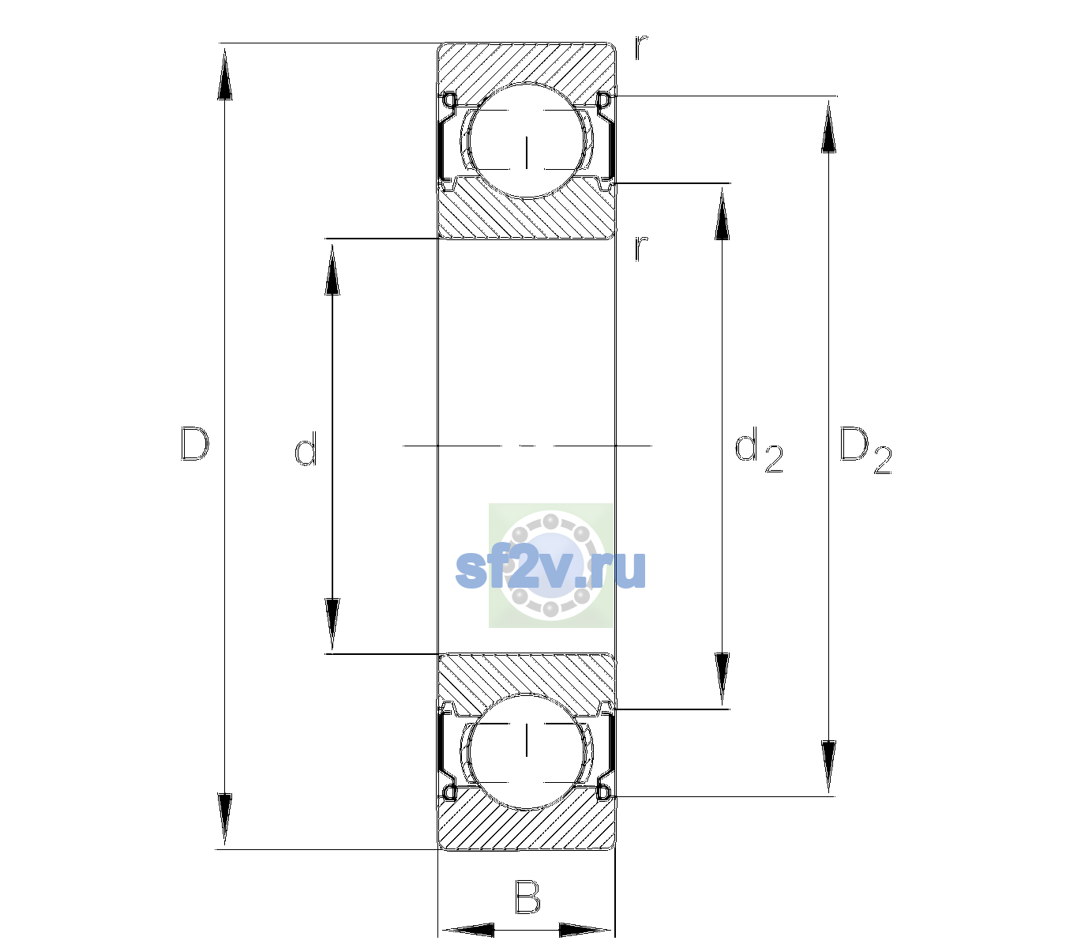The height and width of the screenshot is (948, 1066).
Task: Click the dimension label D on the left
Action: point(195,444)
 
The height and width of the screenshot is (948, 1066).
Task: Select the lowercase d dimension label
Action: point(306,449)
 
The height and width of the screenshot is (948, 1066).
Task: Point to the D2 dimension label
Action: point(865,450)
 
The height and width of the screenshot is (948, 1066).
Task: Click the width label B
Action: point(527,896)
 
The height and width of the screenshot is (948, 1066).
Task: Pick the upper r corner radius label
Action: point(641,47)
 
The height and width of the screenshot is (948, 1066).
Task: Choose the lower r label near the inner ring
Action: point(641,248)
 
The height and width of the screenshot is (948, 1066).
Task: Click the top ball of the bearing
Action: point(527,140)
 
